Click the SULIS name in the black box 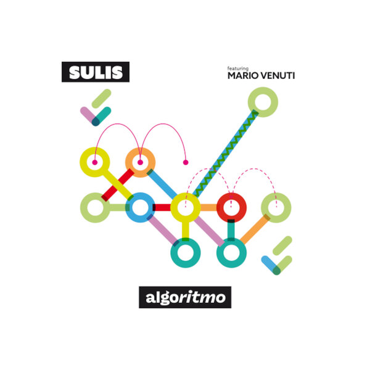click(96, 72)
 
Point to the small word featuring click(238, 68)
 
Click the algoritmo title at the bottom click(185, 298)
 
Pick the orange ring click(140, 162)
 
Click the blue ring click(140, 208)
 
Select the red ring click(231, 208)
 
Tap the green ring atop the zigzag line click(263, 102)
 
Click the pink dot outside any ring click(186, 162)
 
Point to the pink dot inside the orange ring click(140, 162)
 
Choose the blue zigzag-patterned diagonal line click(225, 154)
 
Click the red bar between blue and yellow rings click(162, 208)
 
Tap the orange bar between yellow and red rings click(208, 208)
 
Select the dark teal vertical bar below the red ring click(231, 230)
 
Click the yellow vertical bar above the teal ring click(186, 231)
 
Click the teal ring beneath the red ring click(231, 253)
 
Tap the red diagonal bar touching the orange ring click(118, 185)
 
